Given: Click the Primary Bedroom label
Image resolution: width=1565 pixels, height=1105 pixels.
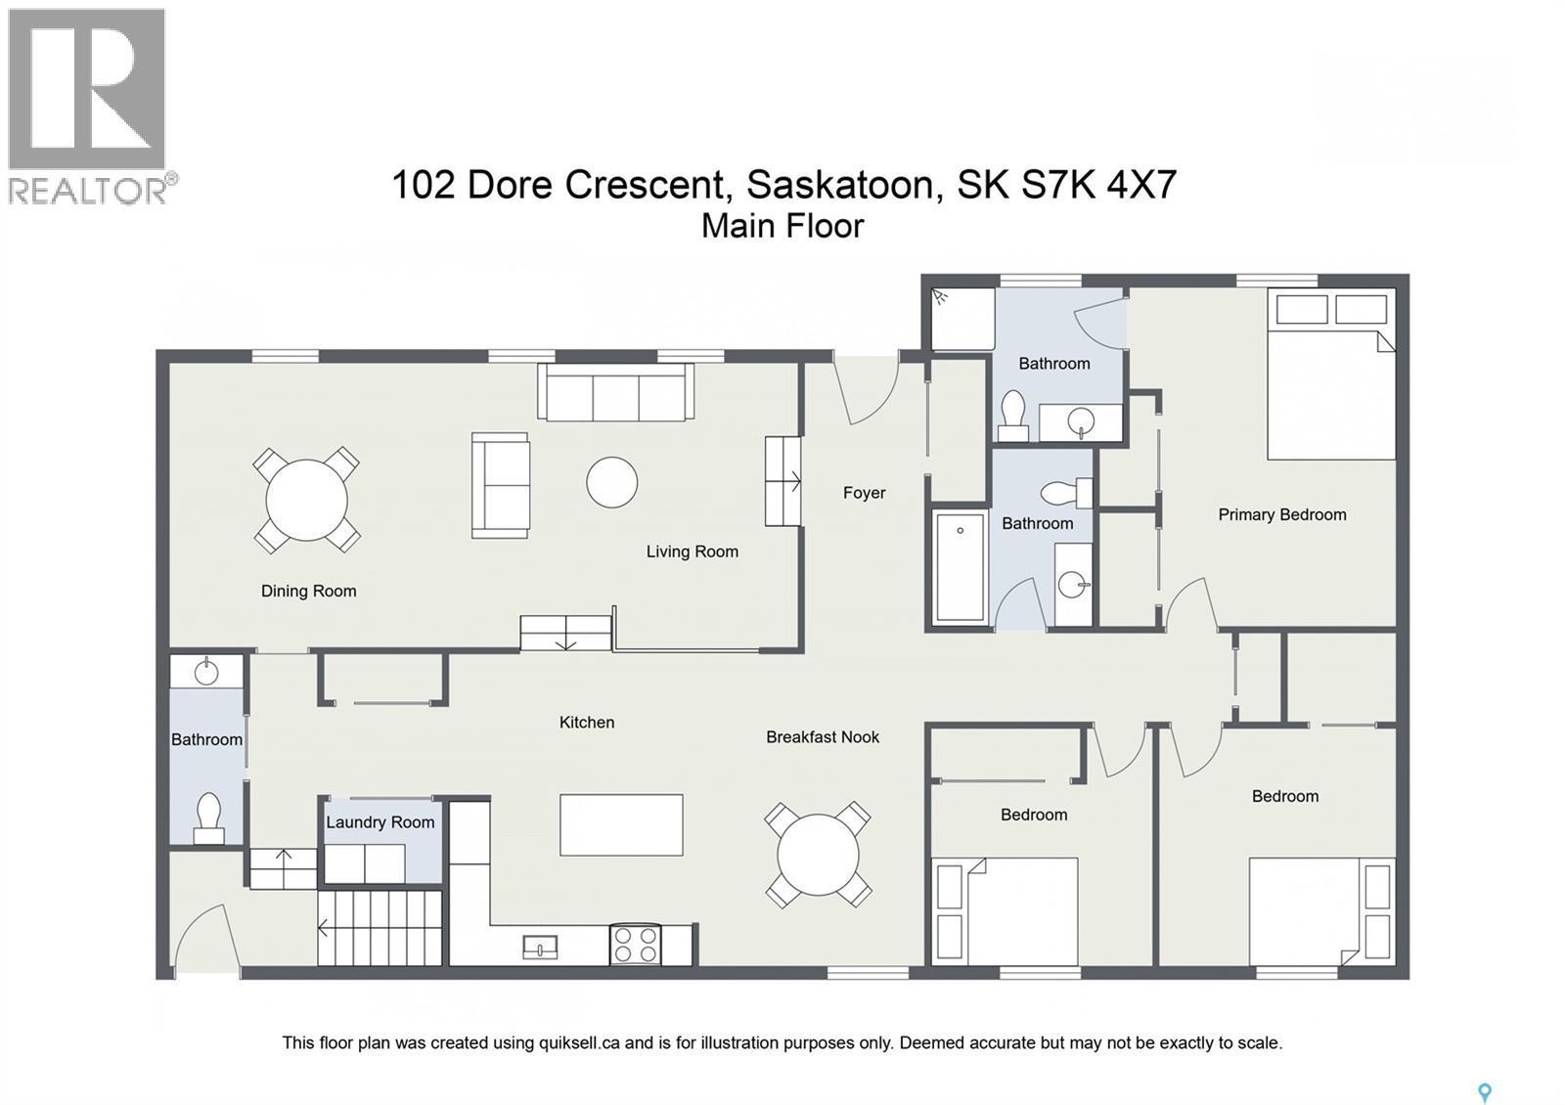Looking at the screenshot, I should tap(1281, 514).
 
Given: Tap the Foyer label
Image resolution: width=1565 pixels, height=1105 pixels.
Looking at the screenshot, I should tap(864, 493).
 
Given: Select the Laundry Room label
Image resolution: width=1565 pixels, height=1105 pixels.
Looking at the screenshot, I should tap(380, 822).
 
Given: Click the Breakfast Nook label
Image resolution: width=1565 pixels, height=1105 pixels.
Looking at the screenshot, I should tap(822, 737).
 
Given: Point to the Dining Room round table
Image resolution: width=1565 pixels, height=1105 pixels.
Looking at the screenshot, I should tap(306, 500).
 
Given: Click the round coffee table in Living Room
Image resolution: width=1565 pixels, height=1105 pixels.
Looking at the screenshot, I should tap(612, 482).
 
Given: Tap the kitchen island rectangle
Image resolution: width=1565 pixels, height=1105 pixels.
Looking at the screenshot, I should tap(621, 825).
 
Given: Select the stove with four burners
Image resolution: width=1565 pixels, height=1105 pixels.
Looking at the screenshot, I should tap(634, 945).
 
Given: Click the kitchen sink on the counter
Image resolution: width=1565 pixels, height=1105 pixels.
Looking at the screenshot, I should tap(540, 947).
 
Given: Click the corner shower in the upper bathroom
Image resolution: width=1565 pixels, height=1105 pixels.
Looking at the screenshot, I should tap(962, 318).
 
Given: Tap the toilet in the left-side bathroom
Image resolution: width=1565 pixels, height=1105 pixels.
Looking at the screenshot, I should tap(209, 818).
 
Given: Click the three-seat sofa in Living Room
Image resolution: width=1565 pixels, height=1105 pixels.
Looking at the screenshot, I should tap(615, 393).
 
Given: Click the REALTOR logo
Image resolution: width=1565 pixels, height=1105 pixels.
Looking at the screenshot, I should tap(88, 106).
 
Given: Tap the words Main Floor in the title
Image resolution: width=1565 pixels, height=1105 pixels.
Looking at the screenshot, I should tap(782, 226).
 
